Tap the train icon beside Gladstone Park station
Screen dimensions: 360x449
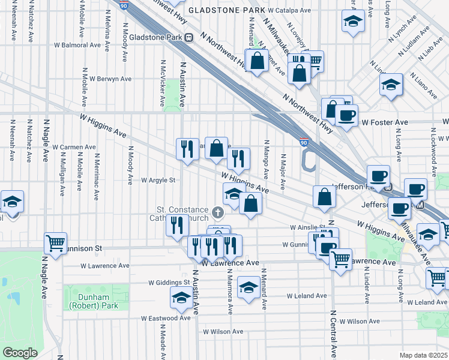tap(188, 37)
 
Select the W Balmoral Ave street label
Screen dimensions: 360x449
tap(77, 45)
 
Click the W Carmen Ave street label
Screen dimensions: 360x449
tap(74, 147)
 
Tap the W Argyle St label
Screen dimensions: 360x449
tap(158, 180)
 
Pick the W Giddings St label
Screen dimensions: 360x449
tap(169, 283)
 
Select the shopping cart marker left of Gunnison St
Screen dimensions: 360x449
tap(55, 243)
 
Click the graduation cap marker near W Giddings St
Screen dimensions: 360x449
tap(181, 297)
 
